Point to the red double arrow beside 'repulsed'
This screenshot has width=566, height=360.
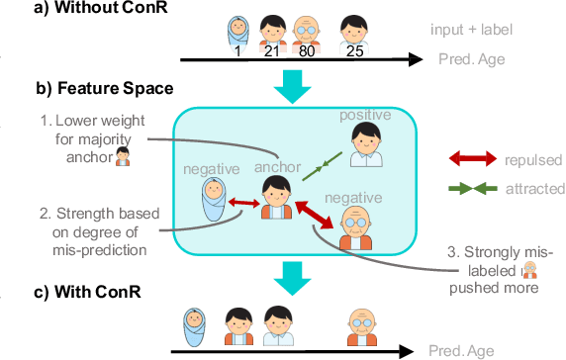click(480, 157)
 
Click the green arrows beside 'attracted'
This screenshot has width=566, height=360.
click(480, 188)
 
